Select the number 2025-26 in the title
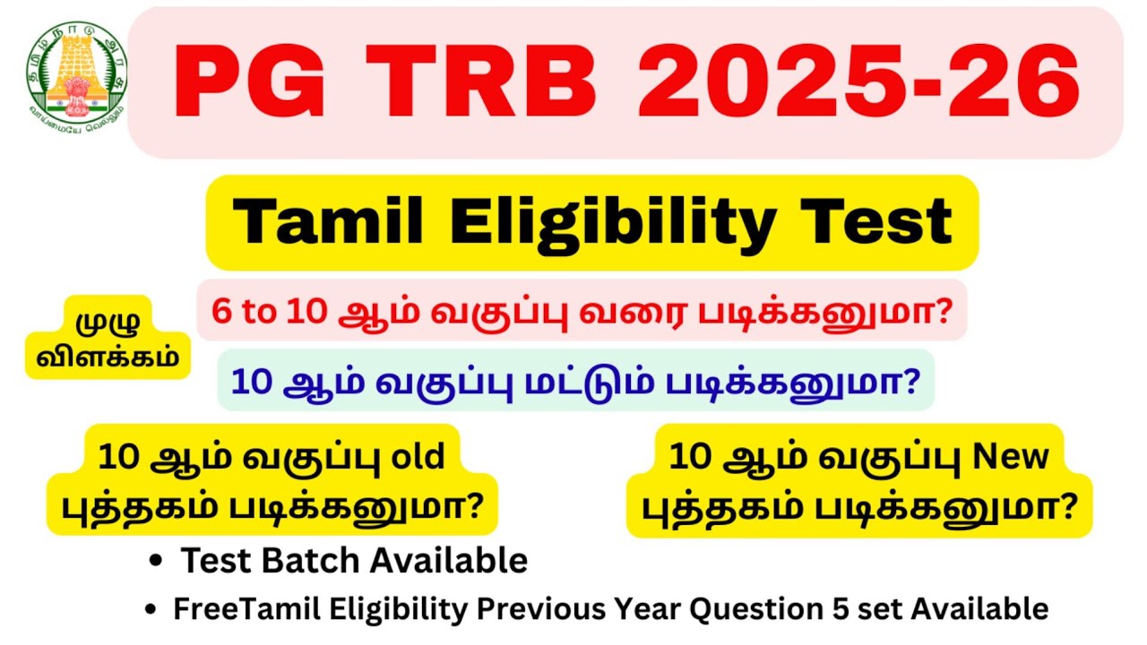click(x=857, y=82)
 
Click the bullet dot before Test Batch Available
click(x=157, y=562)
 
